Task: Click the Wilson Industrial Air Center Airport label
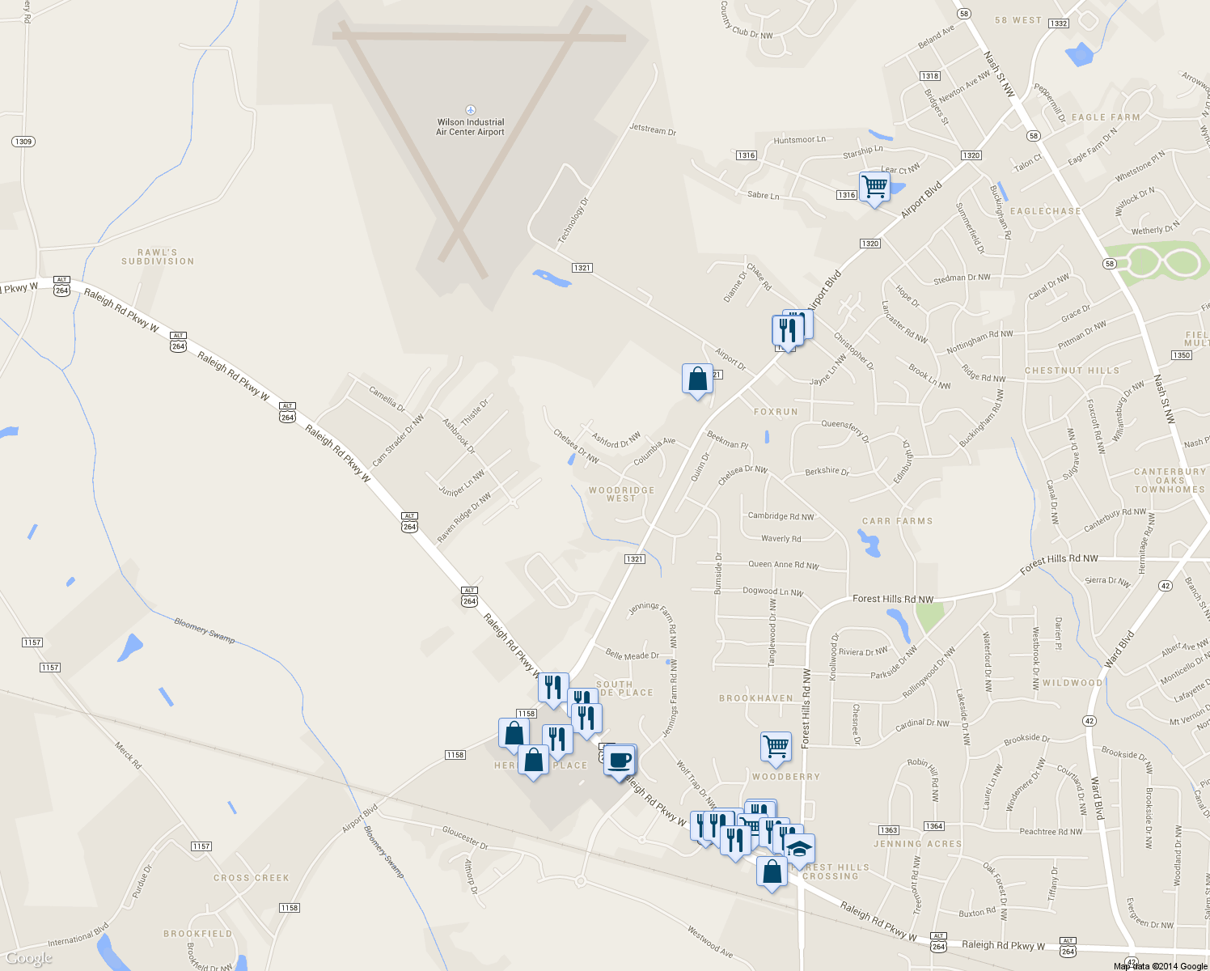point(470,127)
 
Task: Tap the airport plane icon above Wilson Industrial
point(471,110)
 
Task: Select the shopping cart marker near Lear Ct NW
point(874,186)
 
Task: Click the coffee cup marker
point(620,761)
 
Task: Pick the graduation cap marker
point(799,849)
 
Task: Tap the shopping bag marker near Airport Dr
point(697,379)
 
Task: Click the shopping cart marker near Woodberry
point(776,746)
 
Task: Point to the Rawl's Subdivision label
point(158,257)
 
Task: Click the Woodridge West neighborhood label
point(621,494)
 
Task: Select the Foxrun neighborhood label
point(776,412)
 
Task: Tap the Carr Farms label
point(897,521)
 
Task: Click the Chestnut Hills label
point(1072,371)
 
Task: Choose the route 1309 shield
point(23,142)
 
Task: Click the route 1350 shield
point(1181,355)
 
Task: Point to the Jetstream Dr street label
point(653,129)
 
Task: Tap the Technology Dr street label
point(573,221)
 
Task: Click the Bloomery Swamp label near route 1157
point(205,631)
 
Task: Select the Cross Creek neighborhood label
point(251,878)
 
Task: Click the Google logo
point(29,958)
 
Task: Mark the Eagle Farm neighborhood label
point(1106,117)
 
